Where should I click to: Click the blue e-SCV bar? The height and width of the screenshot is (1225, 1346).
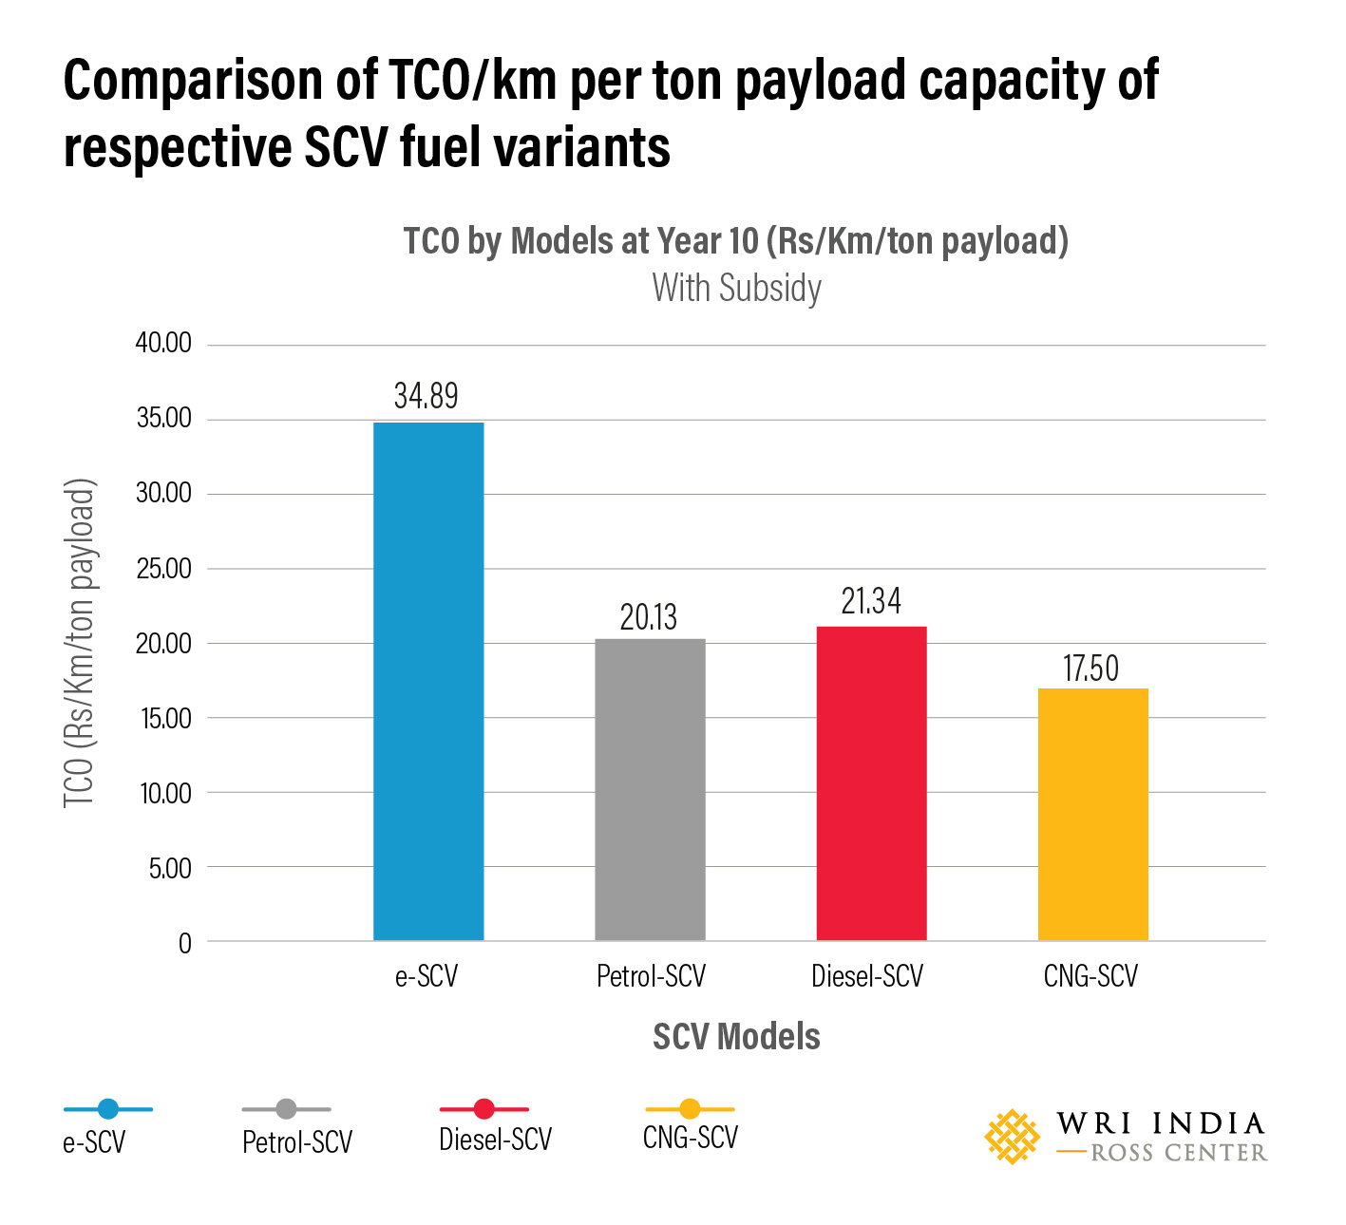pos(428,681)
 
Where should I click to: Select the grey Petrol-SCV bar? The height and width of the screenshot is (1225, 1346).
pos(650,789)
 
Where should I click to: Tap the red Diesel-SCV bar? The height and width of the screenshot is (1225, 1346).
pos(871,783)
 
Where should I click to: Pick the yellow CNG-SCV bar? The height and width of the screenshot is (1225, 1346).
pos(1092,814)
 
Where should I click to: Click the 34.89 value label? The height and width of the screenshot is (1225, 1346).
pos(427,395)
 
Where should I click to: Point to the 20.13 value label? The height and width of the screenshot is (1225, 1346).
pos(649,617)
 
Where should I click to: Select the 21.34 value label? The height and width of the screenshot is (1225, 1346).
pos(871,601)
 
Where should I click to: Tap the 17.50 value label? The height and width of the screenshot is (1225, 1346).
pos(1090,669)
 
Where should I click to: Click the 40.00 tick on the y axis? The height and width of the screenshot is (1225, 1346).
pos(163,343)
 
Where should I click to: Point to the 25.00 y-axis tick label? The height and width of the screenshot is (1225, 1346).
pos(163,568)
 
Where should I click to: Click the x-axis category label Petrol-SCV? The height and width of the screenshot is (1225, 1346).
pos(651,976)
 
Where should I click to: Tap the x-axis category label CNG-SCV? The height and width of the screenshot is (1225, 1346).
pos(1090,976)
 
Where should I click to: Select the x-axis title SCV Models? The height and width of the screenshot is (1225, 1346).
pos(736,1036)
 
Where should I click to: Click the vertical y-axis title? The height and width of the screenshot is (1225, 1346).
pos(80,643)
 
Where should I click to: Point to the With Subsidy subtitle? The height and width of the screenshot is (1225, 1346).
pos(736,288)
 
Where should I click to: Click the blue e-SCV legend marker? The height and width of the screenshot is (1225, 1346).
pos(108,1108)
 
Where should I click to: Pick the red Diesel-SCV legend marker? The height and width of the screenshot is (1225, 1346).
pos(483,1108)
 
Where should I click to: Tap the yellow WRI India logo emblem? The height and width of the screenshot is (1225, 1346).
pos(1013,1137)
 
